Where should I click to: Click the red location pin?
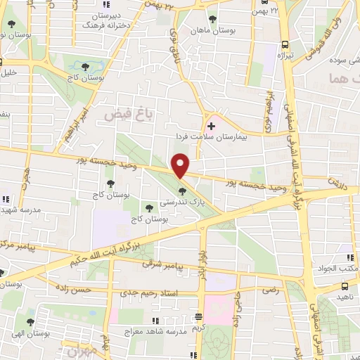click(x=181, y=166)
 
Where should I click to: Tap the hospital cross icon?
click(x=211, y=126)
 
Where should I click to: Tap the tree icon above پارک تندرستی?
click(x=182, y=191)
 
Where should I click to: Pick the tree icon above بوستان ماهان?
click(x=212, y=20)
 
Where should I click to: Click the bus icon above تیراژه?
click(x=284, y=43)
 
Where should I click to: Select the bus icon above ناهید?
click(x=345, y=287)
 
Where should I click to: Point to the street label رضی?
click(x=271, y=289)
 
